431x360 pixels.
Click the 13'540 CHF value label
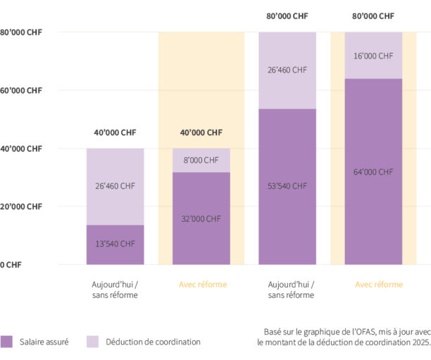coord(115,244)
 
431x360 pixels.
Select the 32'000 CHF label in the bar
coord(201,218)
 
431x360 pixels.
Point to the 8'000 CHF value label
coord(201,160)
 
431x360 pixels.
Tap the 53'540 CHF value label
coord(287,186)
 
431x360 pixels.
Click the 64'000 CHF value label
coord(373,171)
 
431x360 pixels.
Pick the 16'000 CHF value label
coord(373,55)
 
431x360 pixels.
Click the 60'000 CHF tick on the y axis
coord(20,90)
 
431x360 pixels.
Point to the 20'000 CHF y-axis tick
coord(20,206)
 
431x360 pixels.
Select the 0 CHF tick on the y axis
coord(11,264)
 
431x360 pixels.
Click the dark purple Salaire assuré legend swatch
coord(7,342)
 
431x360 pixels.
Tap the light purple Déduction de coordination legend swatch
coord(93,342)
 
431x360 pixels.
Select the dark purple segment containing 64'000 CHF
coord(373,204)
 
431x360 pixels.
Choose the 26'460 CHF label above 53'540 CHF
coord(287,70)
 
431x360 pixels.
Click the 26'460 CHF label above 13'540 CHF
coord(115,186)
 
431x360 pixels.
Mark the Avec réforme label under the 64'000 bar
coord(378,285)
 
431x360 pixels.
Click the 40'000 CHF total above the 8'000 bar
coord(201,132)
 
